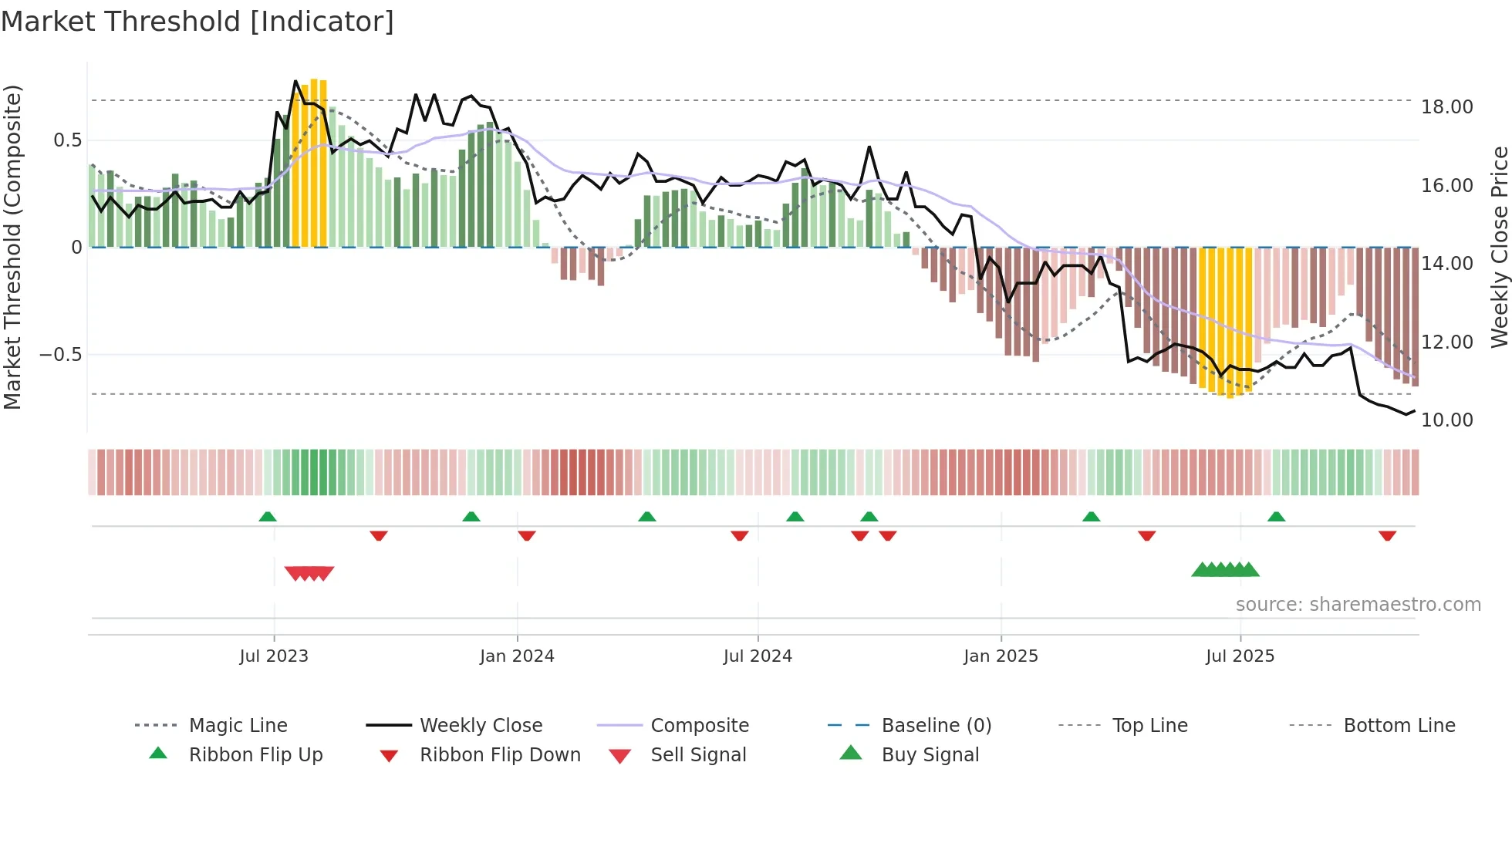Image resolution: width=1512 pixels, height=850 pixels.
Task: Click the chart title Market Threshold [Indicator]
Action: [197, 22]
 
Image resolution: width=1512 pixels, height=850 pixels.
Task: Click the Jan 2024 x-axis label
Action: [517, 656]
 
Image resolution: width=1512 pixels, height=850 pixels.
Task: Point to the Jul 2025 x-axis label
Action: [1240, 656]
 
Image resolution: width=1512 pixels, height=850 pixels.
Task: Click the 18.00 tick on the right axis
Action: [1446, 107]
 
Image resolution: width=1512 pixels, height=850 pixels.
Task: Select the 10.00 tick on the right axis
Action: [1446, 420]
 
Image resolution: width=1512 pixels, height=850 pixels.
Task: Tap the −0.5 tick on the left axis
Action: [60, 355]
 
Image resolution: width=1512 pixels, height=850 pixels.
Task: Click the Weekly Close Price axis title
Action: [1499, 247]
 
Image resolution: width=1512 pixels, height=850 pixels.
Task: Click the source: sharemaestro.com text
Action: [1358, 605]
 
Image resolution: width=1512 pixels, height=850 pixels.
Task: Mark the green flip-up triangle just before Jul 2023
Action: [268, 516]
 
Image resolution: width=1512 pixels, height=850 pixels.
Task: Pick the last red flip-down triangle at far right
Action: [1387, 535]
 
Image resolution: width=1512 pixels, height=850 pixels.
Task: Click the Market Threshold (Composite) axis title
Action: [12, 247]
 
